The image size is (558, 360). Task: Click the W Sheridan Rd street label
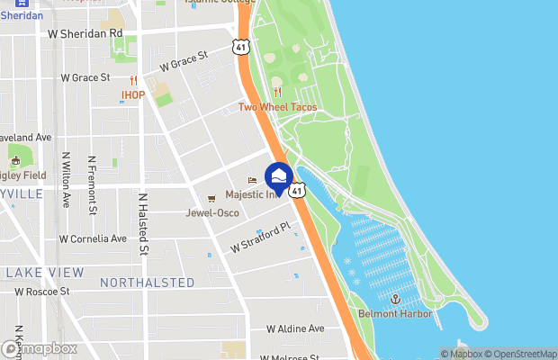84,33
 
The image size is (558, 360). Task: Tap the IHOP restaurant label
133,94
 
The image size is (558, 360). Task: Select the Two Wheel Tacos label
277,107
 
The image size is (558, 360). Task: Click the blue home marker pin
278,177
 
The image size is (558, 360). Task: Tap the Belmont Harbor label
395,313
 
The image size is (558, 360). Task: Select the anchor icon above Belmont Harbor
394,298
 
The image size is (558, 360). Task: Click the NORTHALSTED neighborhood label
147,283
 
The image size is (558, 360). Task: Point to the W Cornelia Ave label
93,239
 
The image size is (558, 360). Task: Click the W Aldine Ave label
294,328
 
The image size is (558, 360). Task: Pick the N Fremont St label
93,185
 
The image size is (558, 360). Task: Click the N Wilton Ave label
66,180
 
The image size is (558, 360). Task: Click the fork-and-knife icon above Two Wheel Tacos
277,92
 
